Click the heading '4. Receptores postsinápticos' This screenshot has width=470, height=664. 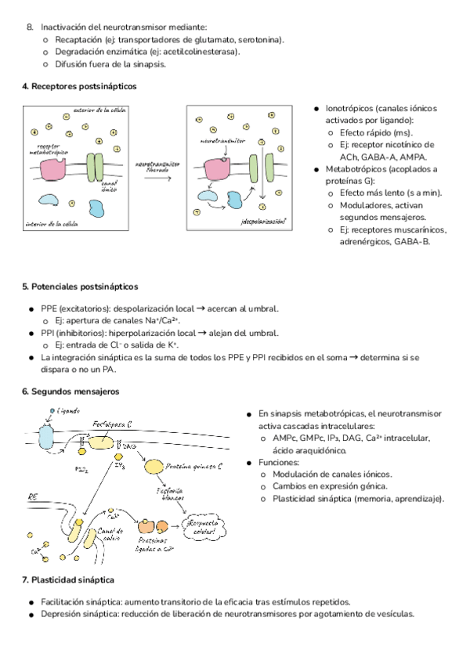79,86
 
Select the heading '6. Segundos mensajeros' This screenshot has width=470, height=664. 72,391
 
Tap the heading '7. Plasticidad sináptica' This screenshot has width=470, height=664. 69,579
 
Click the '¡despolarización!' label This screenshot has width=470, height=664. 262,222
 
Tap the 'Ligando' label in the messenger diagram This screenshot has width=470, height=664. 67,410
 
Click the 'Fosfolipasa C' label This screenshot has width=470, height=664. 111,425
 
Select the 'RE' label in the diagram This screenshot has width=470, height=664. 33,496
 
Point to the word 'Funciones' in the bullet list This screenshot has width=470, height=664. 278,463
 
